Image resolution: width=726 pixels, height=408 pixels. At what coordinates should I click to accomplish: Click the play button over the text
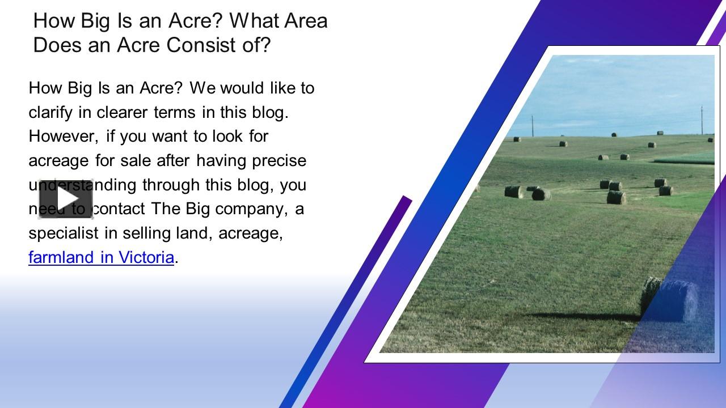tap(66, 199)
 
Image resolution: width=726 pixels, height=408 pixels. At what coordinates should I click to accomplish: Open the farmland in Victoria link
tap(101, 257)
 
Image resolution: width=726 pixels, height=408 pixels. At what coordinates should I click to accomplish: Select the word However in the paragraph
tap(62, 137)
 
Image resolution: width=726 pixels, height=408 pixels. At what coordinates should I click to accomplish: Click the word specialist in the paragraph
tap(63, 233)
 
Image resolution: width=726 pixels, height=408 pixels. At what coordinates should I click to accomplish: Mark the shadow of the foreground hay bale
tap(584, 316)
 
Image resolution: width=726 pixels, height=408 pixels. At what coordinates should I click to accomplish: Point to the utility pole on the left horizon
tap(533, 125)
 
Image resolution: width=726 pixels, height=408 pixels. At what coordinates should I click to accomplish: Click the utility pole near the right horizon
tap(702, 120)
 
